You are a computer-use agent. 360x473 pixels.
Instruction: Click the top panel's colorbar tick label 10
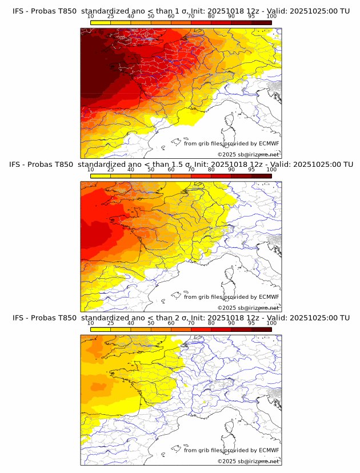pos(90,17)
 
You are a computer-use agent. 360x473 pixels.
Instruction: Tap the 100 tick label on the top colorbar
pos(271,17)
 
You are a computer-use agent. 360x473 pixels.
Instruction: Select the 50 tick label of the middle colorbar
pos(151,170)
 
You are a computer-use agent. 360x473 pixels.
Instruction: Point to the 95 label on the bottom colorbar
pos(251,323)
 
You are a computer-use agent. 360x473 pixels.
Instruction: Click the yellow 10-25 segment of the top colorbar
pos(101,22)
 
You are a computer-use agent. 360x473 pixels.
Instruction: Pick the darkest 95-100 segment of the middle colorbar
pos(262,175)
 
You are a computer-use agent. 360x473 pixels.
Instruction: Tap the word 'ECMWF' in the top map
pos(269,144)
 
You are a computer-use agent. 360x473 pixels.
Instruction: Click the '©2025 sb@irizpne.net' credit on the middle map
pos(248,308)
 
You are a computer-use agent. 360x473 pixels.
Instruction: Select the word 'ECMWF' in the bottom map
pos(269,450)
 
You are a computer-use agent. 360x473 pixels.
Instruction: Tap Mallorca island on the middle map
pos(177,295)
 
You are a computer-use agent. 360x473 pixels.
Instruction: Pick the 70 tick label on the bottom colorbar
pos(191,323)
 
